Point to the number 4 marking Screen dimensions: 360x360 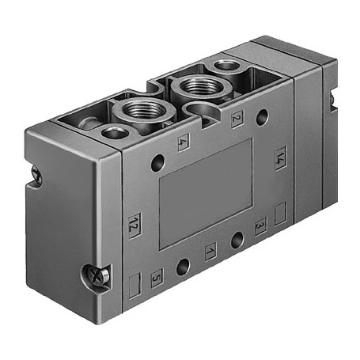184,143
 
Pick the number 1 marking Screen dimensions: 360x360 210,253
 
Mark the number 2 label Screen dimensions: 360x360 237,120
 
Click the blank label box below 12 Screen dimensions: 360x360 134,281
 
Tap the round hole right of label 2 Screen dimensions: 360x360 262,117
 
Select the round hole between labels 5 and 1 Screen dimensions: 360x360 184,266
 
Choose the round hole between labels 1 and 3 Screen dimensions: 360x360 235,238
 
